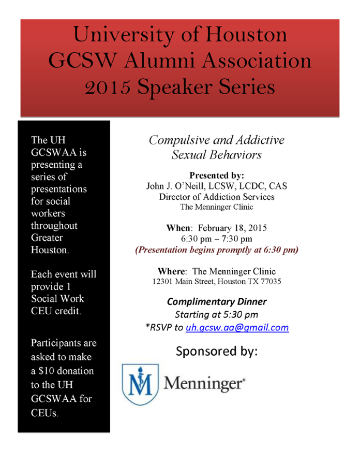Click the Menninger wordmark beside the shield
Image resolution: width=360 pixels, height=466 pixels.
[x=205, y=384]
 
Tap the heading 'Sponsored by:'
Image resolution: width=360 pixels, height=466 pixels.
[x=216, y=351]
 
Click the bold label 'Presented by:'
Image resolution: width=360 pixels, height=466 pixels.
[x=216, y=176]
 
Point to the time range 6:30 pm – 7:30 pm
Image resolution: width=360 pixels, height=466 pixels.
[x=216, y=239]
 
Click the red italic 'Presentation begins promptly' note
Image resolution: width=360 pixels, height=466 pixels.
[x=216, y=250]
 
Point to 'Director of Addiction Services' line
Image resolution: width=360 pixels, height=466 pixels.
[x=216, y=197]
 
